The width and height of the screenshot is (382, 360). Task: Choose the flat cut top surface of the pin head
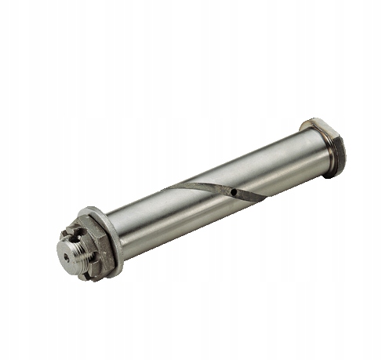point(317,125)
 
